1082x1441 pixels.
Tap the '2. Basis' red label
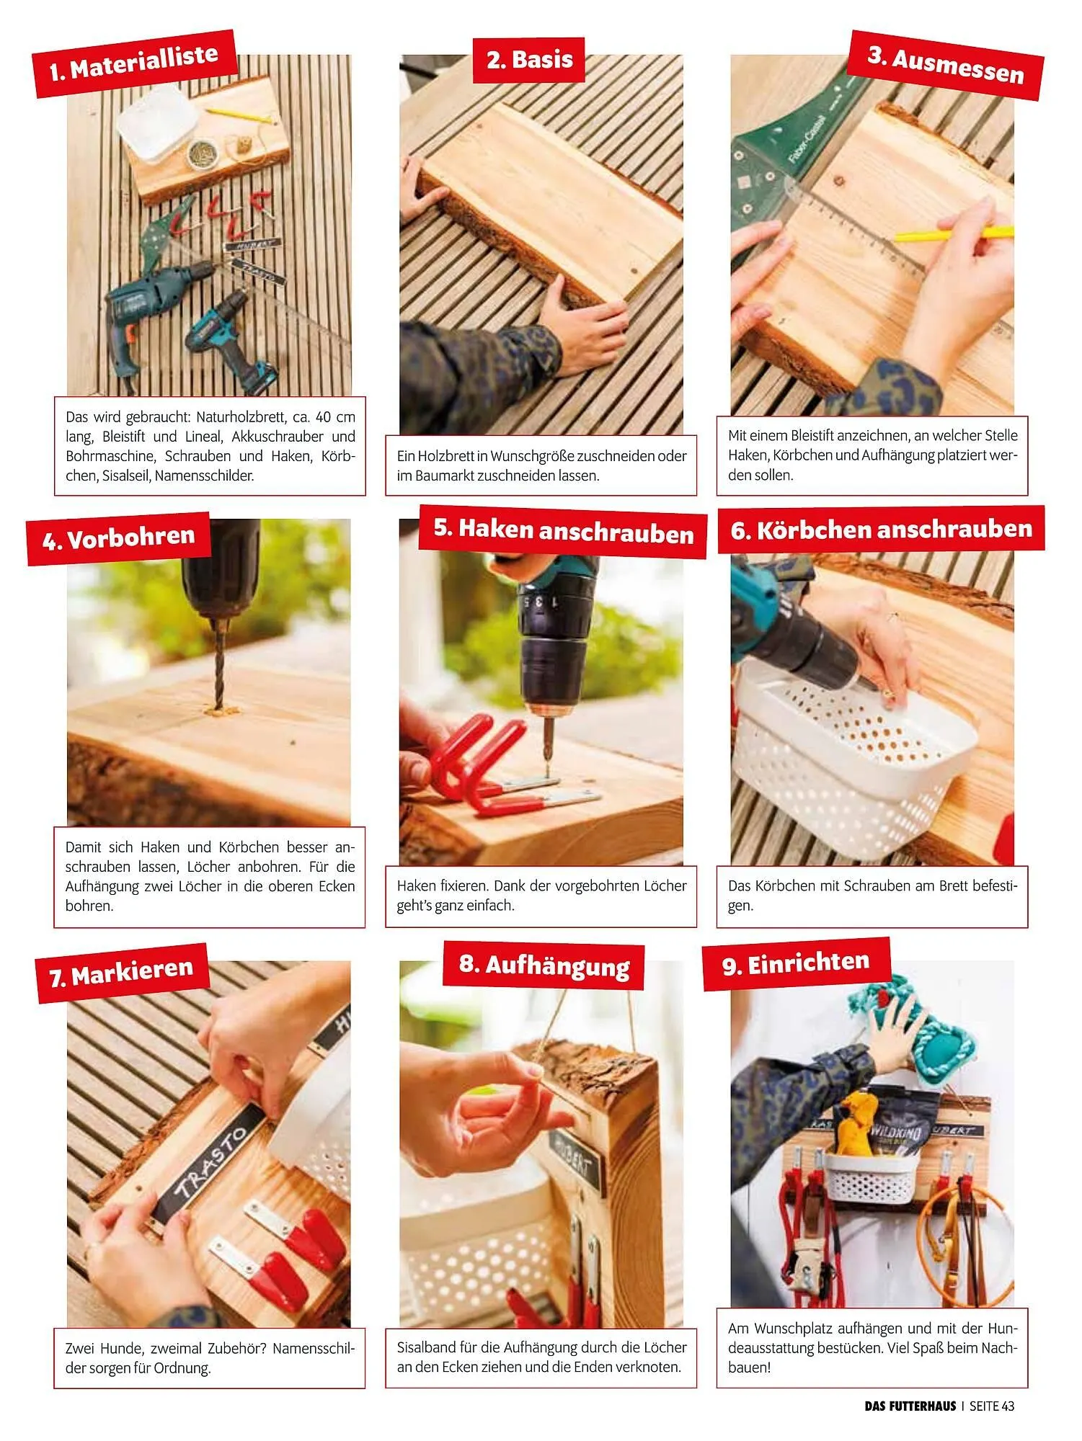529,59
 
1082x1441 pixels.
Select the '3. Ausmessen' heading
945,65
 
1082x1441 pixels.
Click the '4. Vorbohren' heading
118,538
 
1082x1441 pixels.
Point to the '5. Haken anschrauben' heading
563,532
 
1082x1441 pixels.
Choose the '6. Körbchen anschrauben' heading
881,530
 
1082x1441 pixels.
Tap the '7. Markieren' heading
122,973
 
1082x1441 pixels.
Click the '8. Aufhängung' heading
544,965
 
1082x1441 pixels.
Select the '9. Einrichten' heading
796,963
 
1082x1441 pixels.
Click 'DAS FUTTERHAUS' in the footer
910,1406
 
